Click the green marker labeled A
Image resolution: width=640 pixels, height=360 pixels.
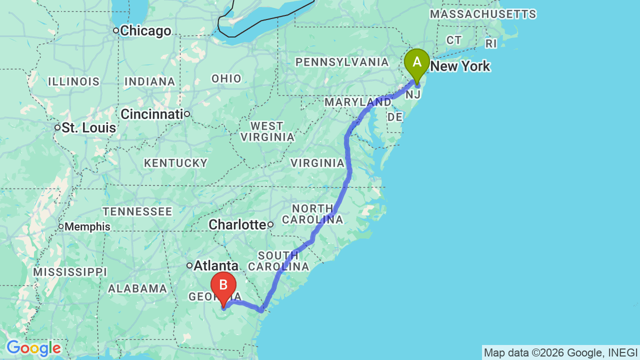pos(416,63)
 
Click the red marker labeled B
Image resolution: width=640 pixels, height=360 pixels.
pos(223,286)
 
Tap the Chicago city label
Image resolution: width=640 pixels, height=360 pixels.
pos(145,31)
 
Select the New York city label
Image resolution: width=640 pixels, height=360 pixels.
pos(460,66)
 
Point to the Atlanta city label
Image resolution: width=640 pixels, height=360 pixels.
pos(216,265)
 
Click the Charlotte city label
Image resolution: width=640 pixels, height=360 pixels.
pos(237,224)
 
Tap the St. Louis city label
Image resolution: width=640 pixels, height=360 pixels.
pos(89,128)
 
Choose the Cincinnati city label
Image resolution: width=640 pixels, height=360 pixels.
pos(152,114)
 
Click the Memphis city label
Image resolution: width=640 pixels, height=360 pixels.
pos(87,226)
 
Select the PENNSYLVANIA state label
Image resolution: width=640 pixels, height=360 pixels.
pos(342,62)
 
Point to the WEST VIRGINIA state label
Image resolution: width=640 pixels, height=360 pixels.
pos(267,131)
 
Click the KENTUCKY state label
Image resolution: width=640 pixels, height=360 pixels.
pos(175,163)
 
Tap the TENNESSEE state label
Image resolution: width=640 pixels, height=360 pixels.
pos(137,211)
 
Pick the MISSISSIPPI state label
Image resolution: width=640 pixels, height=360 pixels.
pos(70,272)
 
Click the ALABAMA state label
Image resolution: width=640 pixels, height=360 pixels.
pos(137,288)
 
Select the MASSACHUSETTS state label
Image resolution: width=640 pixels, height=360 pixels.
pos(483,14)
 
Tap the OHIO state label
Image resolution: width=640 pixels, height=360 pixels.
pos(226,78)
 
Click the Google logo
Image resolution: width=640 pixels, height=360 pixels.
pos(33,348)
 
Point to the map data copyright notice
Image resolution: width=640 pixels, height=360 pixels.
pos(560,352)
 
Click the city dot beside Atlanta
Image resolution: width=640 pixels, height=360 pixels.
pos(189,265)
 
